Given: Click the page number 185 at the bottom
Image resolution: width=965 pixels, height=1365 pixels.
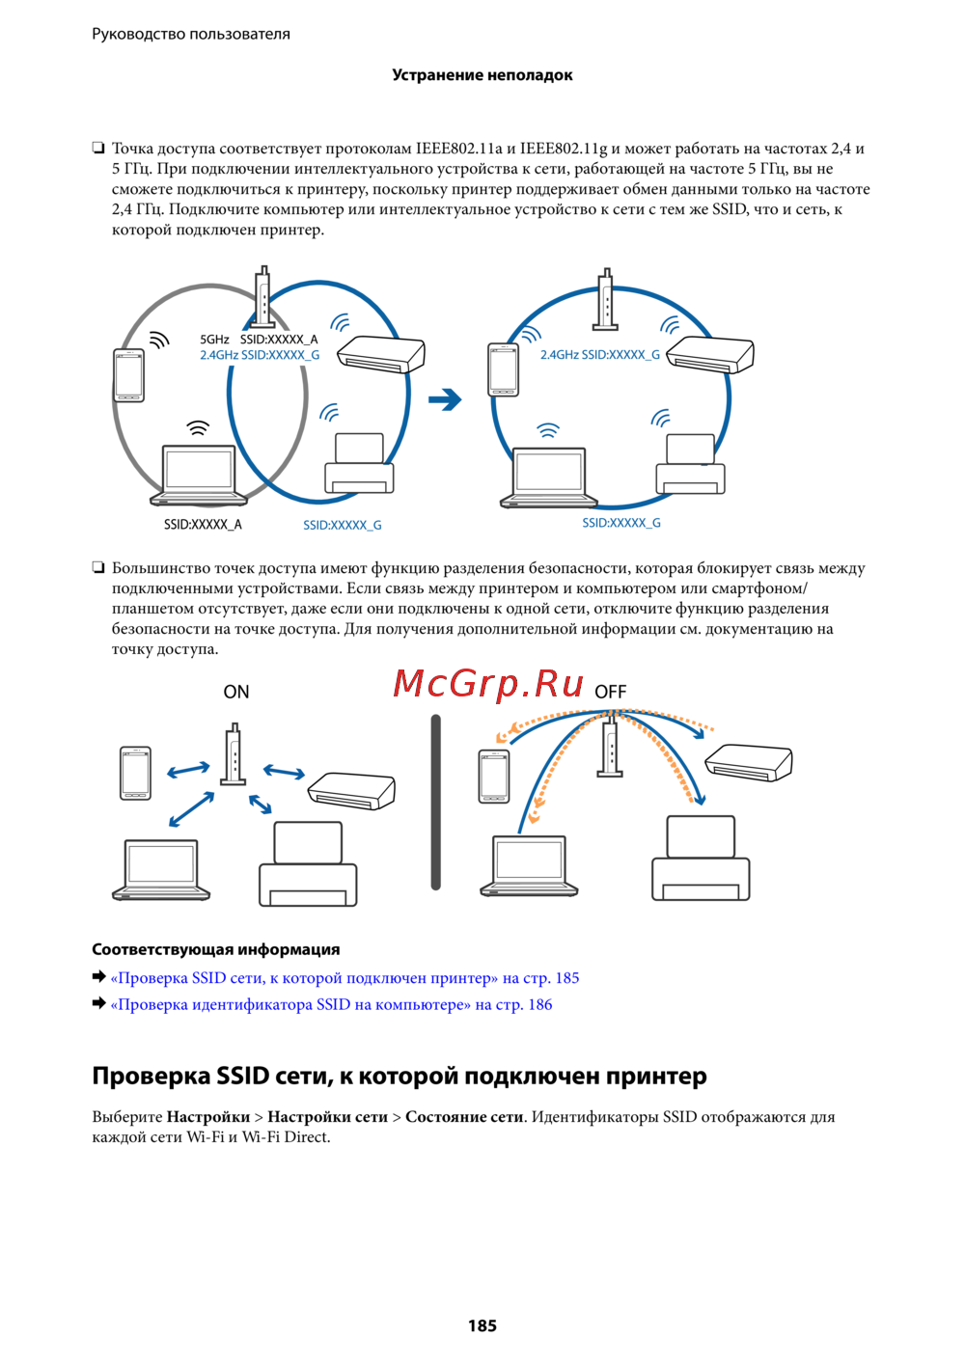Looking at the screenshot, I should [x=482, y=1325].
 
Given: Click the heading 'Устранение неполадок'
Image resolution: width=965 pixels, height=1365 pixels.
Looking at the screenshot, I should [x=482, y=75].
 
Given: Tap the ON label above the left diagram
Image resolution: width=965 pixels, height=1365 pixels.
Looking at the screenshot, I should [x=236, y=692].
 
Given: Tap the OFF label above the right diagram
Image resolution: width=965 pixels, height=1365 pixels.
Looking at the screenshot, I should [x=610, y=692].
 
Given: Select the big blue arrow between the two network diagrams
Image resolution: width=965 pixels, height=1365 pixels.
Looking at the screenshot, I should [x=445, y=399].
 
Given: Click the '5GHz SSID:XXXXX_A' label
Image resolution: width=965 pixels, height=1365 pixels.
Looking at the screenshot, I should [x=259, y=340].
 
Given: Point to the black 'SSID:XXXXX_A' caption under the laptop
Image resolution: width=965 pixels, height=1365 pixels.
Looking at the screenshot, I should [x=203, y=525].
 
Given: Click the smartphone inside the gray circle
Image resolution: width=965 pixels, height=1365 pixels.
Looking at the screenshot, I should [x=129, y=374].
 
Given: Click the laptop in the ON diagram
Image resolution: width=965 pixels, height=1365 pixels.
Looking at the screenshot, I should [x=161, y=869].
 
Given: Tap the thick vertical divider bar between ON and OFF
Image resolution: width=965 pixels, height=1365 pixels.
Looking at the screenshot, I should [x=435, y=802].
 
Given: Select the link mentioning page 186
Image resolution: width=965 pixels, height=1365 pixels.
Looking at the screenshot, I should [x=331, y=1004].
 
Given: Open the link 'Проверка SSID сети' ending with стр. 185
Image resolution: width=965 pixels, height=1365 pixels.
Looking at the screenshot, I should [x=345, y=977].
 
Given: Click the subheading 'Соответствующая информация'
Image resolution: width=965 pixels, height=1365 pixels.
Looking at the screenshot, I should [x=216, y=949].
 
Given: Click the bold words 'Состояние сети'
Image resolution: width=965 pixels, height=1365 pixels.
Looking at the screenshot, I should [x=464, y=1116].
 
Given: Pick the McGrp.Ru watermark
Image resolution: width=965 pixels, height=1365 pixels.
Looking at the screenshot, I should [x=488, y=684].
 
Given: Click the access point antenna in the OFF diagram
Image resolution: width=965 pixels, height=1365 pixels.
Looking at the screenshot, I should [x=609, y=749].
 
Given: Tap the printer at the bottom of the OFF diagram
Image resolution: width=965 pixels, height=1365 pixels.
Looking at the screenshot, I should [x=701, y=858].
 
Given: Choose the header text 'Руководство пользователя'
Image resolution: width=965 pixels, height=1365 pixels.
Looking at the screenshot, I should [x=191, y=34].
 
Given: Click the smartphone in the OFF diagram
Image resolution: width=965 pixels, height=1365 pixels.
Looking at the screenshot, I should [x=494, y=777].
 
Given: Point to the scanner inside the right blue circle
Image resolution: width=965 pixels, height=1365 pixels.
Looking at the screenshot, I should [x=710, y=355].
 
